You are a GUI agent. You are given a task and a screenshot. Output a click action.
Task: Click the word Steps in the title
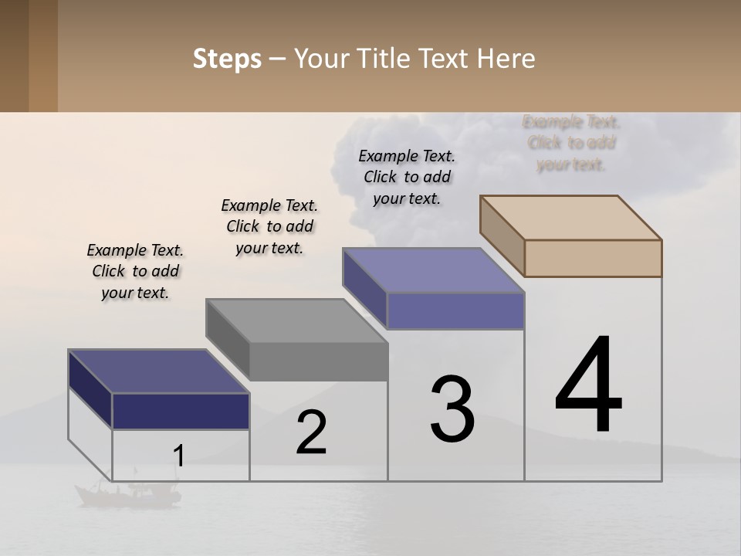pyautogui.click(x=227, y=59)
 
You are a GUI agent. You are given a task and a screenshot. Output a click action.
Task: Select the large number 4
pyautogui.click(x=588, y=386)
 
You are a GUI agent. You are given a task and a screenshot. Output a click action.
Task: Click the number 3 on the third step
pyautogui.click(x=452, y=409)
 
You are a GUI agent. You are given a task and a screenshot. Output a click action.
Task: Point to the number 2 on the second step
pyautogui.click(x=312, y=432)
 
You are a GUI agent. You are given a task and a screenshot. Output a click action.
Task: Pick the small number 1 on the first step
pyautogui.click(x=178, y=456)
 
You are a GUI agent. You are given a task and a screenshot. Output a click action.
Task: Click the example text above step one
pyautogui.click(x=135, y=272)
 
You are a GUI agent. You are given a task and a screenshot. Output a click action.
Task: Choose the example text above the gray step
pyautogui.click(x=269, y=226)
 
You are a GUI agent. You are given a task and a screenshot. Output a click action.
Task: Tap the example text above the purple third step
pyautogui.click(x=407, y=177)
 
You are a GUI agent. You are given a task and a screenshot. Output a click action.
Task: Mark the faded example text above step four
pyautogui.click(x=571, y=143)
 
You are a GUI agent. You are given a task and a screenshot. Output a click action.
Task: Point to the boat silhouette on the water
pyautogui.click(x=127, y=492)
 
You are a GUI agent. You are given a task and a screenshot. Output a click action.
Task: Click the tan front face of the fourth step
pyautogui.click(x=593, y=258)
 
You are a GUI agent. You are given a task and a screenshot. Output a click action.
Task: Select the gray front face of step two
pyautogui.click(x=319, y=361)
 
